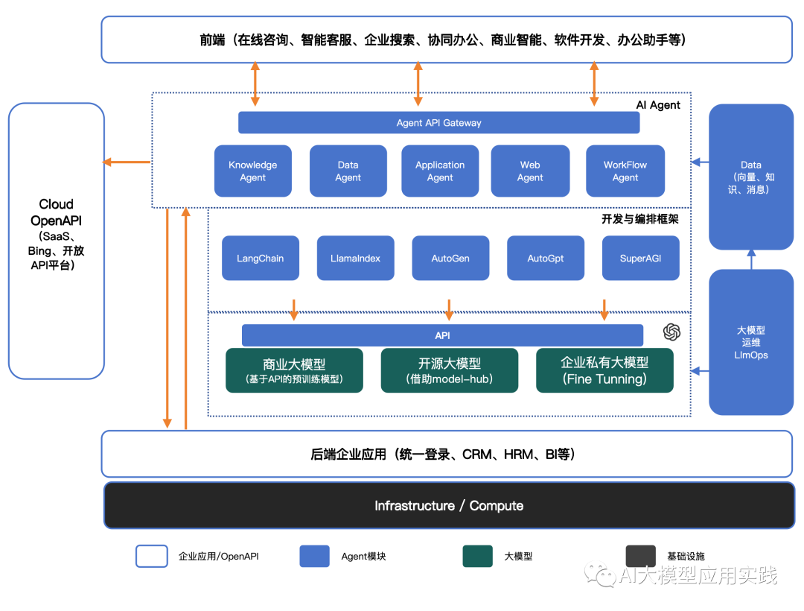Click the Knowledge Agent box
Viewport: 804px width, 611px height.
click(x=253, y=171)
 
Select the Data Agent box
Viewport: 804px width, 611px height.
click(x=348, y=171)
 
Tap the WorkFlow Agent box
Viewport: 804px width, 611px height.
click(x=625, y=171)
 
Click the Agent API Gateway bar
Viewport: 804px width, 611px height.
click(x=438, y=123)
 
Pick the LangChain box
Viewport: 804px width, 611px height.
click(x=261, y=258)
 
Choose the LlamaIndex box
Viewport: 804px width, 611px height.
click(x=355, y=258)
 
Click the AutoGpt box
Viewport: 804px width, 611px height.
click(x=546, y=258)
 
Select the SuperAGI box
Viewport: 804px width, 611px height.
click(x=640, y=258)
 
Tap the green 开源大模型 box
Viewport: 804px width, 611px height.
click(x=450, y=370)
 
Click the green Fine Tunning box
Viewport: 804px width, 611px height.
click(x=604, y=370)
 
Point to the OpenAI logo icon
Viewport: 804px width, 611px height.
click(x=671, y=332)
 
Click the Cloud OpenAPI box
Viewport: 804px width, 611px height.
click(x=57, y=241)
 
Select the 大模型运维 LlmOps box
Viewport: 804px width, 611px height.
click(x=750, y=342)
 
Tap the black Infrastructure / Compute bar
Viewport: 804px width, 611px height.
click(x=449, y=505)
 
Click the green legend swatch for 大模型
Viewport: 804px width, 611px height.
click(x=477, y=556)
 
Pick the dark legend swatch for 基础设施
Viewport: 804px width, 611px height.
click(x=640, y=556)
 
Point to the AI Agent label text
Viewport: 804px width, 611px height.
click(x=658, y=105)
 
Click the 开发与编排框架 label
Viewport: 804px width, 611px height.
click(x=639, y=219)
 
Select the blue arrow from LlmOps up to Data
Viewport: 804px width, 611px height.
click(x=751, y=259)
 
